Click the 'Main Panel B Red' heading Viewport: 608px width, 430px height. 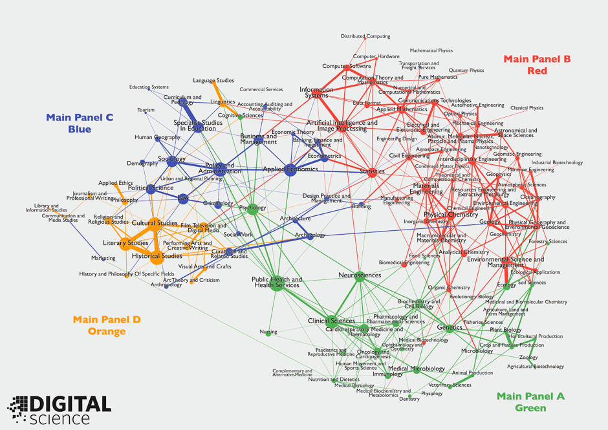(x=537, y=65)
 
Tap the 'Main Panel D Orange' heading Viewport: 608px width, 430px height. (x=107, y=325)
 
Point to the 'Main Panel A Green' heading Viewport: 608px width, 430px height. (x=530, y=402)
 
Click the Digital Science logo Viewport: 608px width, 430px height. (x=60, y=410)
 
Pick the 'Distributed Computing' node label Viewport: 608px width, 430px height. (x=365, y=37)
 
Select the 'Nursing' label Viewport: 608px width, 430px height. (x=268, y=332)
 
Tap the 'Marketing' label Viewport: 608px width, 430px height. (x=103, y=258)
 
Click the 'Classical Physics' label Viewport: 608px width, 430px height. (x=527, y=108)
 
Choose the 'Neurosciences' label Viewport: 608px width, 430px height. (x=360, y=275)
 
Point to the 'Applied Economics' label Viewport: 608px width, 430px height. (x=290, y=169)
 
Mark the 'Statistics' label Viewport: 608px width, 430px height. (x=372, y=171)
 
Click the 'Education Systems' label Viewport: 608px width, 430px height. (x=149, y=87)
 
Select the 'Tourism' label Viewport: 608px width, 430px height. (x=146, y=110)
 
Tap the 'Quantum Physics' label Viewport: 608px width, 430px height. (x=466, y=70)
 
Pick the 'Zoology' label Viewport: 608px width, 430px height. (x=528, y=357)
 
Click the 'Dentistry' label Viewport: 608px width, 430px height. (x=409, y=399)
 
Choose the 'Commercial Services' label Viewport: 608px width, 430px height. (x=261, y=90)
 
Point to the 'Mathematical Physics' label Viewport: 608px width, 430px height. (x=431, y=50)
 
